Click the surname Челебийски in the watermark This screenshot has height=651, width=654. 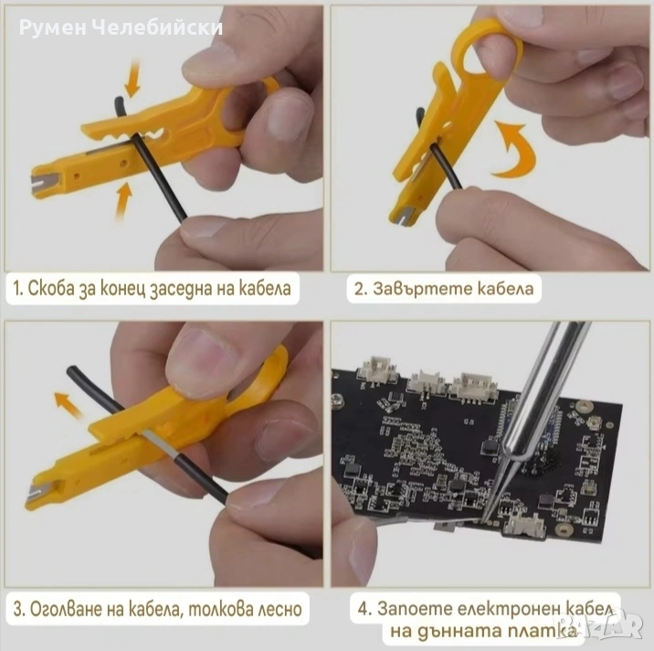point(156,27)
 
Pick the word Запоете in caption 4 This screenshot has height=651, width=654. point(414,608)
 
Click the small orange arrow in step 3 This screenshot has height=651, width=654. point(68,405)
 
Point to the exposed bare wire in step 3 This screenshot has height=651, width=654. point(161,443)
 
